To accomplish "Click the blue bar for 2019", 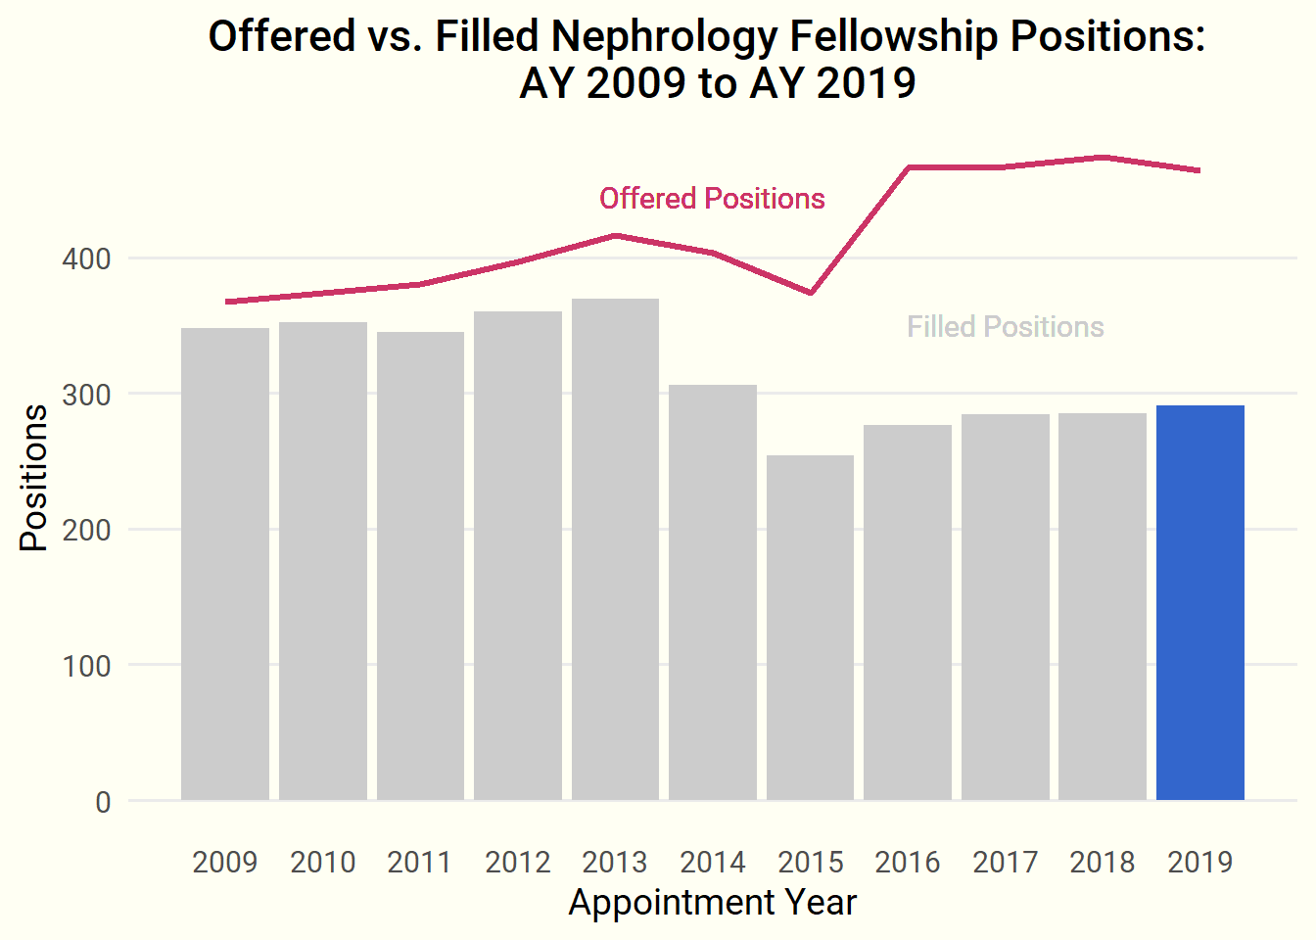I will click(1199, 602).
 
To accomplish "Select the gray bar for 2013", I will click(615, 549).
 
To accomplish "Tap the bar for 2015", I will click(810, 628).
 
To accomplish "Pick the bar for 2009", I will click(225, 564).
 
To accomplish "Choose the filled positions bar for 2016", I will click(908, 612).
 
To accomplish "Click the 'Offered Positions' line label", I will click(712, 199).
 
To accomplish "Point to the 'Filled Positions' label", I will click(1005, 327).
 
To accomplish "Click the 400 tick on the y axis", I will click(86, 259).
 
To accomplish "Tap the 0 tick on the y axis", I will click(103, 803).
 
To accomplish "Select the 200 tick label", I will click(86, 531).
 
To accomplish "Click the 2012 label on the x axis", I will click(518, 863).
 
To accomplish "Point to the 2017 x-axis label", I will click(1005, 863).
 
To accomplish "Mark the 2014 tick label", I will click(713, 863).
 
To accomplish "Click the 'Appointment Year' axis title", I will click(712, 903).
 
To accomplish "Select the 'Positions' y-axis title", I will click(34, 478).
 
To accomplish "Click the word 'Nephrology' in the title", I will click(665, 37).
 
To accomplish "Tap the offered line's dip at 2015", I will click(811, 293).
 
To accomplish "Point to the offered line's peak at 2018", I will click(1103, 157).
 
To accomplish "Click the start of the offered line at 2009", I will click(227, 302).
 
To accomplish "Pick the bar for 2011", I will click(420, 566).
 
